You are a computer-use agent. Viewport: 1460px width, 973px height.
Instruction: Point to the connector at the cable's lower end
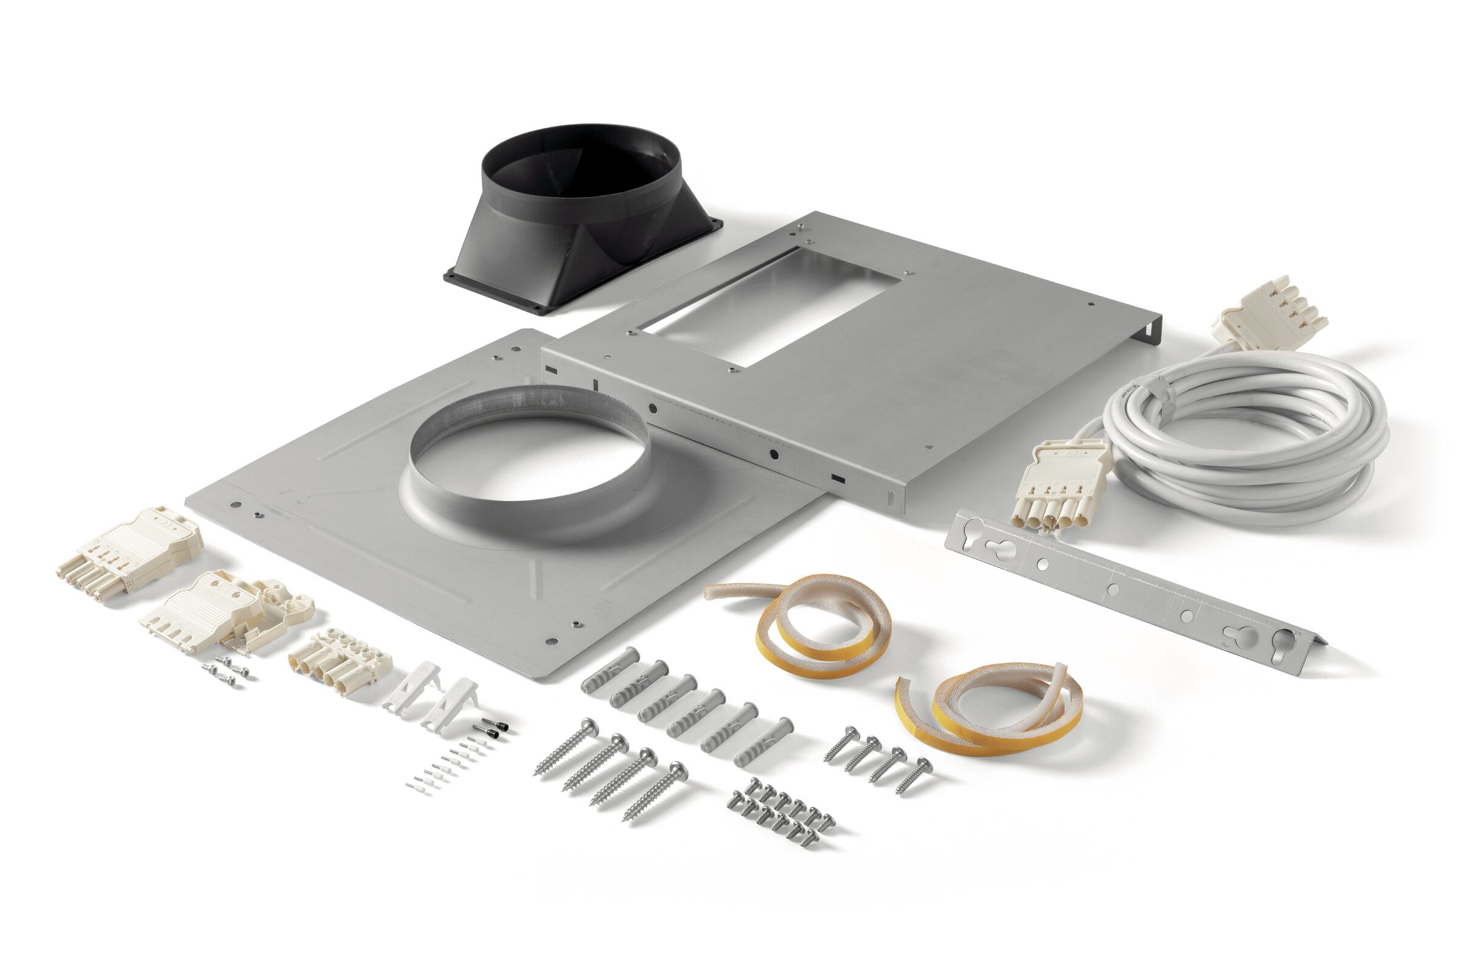point(1055,484)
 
